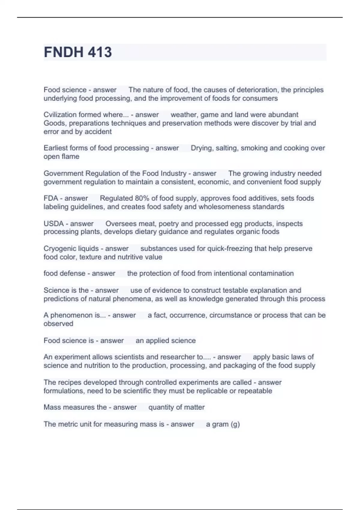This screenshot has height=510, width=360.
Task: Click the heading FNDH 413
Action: click(x=78, y=52)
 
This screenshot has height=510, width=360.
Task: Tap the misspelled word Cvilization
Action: click(x=61, y=115)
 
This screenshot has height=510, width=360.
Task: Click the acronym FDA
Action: click(x=51, y=198)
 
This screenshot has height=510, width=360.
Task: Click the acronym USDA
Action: click(x=54, y=223)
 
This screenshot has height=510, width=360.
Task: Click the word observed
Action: click(x=58, y=323)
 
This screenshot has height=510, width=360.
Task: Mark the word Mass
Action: click(x=52, y=407)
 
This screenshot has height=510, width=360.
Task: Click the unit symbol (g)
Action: click(x=235, y=424)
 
